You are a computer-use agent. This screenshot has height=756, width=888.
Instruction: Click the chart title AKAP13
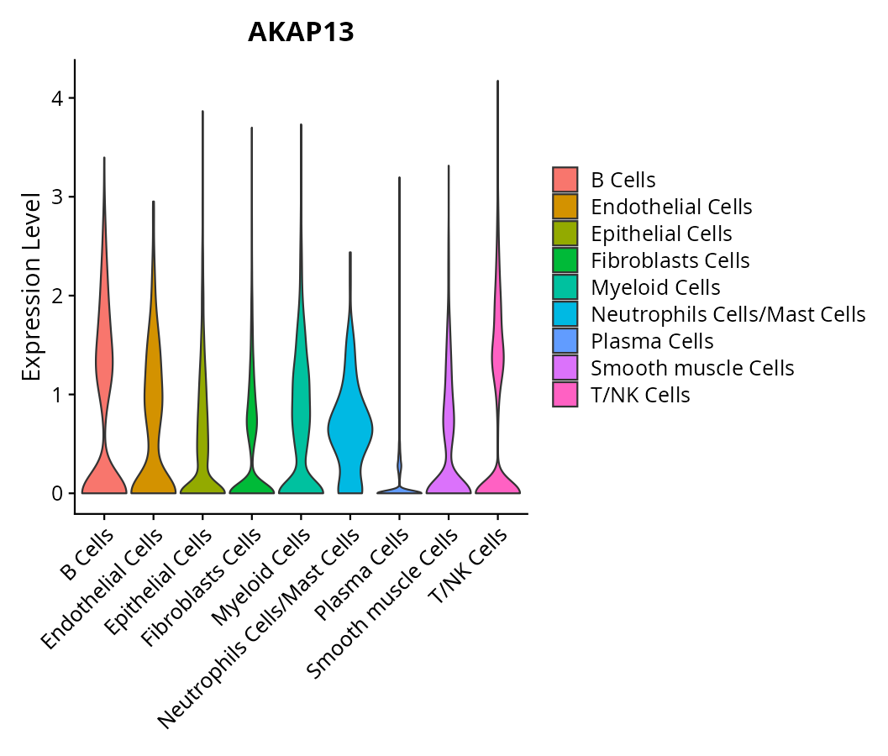301,32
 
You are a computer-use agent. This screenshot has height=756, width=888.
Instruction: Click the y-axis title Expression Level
31,286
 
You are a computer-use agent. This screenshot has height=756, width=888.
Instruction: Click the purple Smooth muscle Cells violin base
449,483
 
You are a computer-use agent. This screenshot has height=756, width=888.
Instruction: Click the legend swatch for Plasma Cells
565,341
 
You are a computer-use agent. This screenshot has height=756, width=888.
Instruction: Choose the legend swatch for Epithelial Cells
565,234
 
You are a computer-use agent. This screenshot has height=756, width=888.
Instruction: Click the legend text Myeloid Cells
655,287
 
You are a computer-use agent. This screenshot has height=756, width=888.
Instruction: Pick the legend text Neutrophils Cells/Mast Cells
728,314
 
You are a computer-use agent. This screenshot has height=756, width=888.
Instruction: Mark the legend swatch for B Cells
565,180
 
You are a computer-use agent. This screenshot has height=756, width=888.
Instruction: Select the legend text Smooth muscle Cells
692,368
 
